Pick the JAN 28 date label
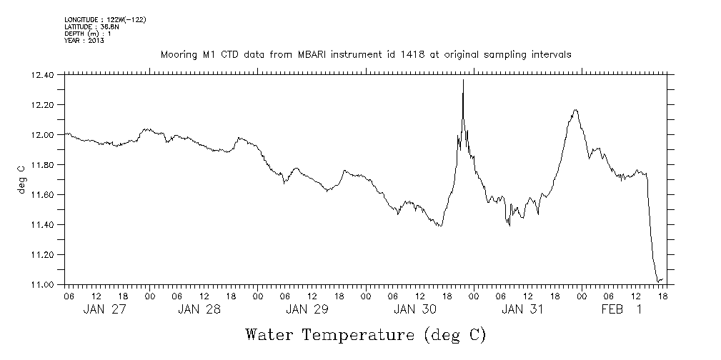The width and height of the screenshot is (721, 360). pyautogui.click(x=199, y=309)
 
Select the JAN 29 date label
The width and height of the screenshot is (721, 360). pyautogui.click(x=307, y=309)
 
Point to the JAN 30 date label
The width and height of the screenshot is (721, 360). pyautogui.click(x=414, y=309)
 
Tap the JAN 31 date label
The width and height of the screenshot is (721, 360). pyautogui.click(x=522, y=309)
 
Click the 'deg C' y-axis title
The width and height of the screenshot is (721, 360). pyautogui.click(x=21, y=179)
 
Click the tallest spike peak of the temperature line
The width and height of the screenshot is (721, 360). pyautogui.click(x=463, y=80)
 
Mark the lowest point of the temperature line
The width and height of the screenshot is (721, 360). pyautogui.click(x=657, y=281)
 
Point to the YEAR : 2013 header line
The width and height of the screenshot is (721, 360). pyautogui.click(x=84, y=40)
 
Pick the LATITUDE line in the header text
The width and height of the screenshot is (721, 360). pyautogui.click(x=91, y=26)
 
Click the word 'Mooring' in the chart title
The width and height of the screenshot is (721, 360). pyautogui.click(x=179, y=54)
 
